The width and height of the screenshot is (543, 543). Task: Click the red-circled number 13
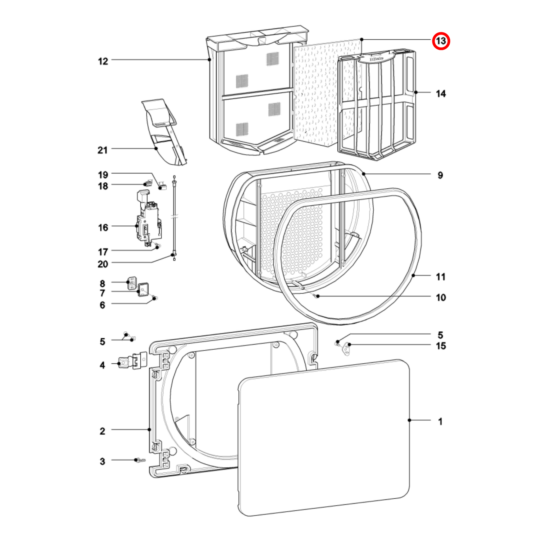(441, 41)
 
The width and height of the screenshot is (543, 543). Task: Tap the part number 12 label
(103, 61)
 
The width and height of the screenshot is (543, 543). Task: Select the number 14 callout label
(441, 93)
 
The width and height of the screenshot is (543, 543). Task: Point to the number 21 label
(103, 150)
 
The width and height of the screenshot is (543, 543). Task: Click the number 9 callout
(440, 176)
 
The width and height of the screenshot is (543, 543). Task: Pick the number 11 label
(441, 277)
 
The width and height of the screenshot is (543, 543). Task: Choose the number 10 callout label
(441, 297)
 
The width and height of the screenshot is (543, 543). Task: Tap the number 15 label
(441, 346)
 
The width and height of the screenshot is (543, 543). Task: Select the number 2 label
(102, 431)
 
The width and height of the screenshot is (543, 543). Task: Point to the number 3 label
(102, 461)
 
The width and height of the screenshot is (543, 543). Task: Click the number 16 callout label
(103, 227)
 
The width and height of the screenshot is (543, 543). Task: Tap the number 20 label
(103, 264)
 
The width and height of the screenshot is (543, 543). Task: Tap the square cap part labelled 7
(143, 290)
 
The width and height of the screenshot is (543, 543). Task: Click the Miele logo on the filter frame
(377, 59)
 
